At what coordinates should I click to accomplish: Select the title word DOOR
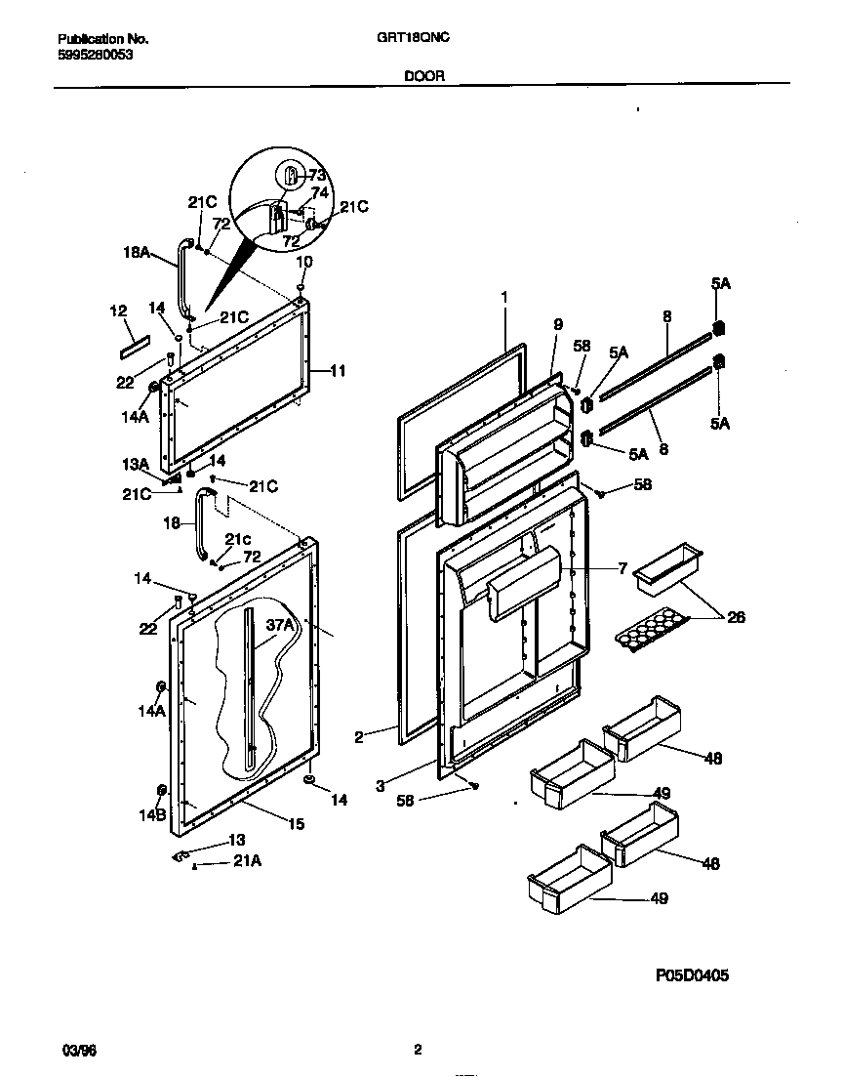pyautogui.click(x=423, y=75)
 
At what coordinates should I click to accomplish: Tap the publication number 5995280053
pyautogui.click(x=96, y=55)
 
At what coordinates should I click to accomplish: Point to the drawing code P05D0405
pyautogui.click(x=688, y=974)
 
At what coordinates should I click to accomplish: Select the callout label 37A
pyautogui.click(x=279, y=626)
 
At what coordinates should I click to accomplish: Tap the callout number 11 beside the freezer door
pyautogui.click(x=338, y=371)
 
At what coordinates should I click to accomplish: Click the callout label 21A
pyautogui.click(x=245, y=860)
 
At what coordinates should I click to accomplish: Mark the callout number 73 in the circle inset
pyautogui.click(x=317, y=176)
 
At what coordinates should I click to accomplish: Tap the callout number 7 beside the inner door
pyautogui.click(x=622, y=568)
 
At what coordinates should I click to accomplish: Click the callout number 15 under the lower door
pyautogui.click(x=295, y=824)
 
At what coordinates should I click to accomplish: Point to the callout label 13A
pyautogui.click(x=136, y=464)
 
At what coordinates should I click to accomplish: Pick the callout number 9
pyautogui.click(x=558, y=324)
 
